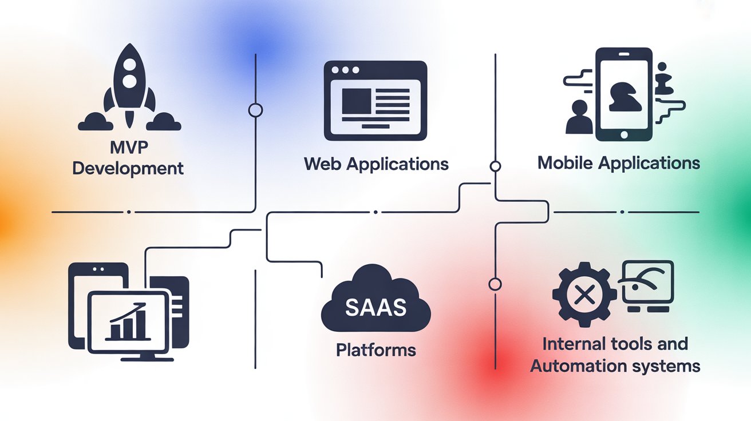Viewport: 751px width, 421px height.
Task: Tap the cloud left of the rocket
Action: [95, 120]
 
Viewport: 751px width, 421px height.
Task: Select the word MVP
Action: [128, 148]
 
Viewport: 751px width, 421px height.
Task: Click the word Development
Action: [128, 168]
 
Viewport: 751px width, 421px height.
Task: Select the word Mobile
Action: [566, 162]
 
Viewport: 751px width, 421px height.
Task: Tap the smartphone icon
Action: [624, 94]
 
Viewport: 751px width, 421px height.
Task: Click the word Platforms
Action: [375, 349]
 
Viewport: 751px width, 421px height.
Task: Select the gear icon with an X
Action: [583, 295]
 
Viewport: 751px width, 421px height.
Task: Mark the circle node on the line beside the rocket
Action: [255, 110]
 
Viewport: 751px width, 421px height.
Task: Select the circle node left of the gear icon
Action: [495, 284]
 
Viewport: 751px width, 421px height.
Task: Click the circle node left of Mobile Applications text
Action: [495, 166]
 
